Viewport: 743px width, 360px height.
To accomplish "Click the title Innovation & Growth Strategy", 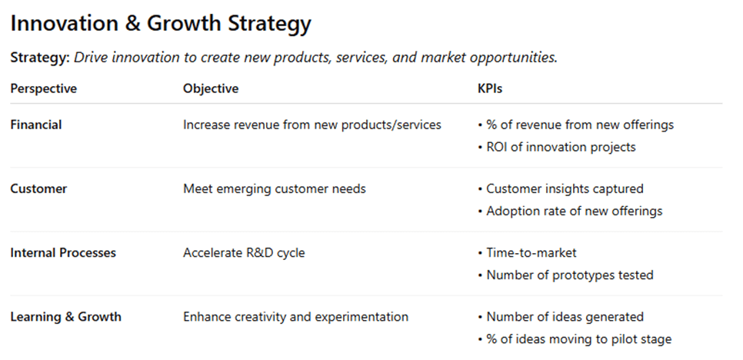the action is coord(161,24).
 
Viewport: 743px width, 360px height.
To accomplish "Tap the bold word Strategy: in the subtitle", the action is coord(40,58).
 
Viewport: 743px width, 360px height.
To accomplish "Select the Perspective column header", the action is coord(44,89).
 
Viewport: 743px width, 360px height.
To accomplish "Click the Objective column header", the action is coord(211,88).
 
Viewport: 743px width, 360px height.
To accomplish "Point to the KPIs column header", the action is coord(490,88).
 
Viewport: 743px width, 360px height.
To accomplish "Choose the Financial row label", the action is coord(36,125).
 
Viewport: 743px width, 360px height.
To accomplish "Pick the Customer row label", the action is coord(39,189).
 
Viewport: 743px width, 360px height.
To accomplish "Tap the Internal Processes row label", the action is coord(63,253).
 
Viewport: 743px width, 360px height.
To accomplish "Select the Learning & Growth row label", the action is coord(66,317).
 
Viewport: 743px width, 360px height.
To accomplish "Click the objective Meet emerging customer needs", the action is coord(275,189).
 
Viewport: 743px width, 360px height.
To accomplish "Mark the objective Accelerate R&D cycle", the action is coord(244,253).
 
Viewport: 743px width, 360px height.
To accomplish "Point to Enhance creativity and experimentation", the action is coord(295,317).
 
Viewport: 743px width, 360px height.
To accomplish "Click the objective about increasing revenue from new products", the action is coord(312,125).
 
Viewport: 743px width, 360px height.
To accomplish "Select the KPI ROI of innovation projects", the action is coord(561,148).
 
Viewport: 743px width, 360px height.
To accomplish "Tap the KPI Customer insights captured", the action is coord(565,189).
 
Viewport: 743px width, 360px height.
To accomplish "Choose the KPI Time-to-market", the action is coord(531,253).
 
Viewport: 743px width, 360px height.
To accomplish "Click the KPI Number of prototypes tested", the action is coord(570,275).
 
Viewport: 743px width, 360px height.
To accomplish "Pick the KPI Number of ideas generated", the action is coord(565,317).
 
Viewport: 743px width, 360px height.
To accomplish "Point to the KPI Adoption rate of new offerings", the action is coord(575,212).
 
